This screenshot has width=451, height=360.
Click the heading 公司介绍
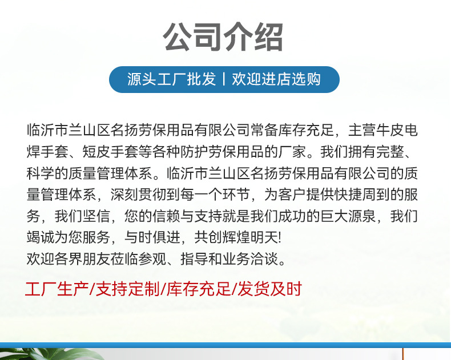click(x=223, y=37)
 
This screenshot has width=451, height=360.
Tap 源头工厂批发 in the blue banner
click(x=171, y=79)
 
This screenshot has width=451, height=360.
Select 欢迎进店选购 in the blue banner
click(x=276, y=79)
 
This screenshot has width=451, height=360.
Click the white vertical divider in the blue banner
click(x=224, y=79)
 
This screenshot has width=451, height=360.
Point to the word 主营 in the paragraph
click(x=362, y=130)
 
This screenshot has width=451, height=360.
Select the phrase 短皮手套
click(x=110, y=152)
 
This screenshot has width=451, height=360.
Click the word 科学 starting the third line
click(x=41, y=173)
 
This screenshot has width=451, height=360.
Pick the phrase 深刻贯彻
click(x=139, y=195)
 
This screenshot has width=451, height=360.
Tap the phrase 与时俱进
click(x=152, y=238)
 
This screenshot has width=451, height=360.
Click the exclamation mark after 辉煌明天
click(x=280, y=238)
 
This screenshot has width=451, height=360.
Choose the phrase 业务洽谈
click(x=250, y=259)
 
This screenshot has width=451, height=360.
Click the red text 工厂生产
click(x=57, y=289)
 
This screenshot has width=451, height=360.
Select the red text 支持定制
click(x=127, y=289)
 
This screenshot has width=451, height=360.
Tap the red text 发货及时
click(x=270, y=289)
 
